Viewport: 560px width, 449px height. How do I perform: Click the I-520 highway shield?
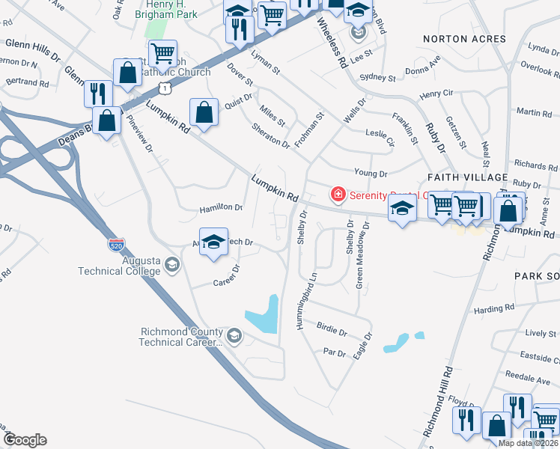pos(115,244)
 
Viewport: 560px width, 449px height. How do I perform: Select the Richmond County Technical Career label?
pos(181,337)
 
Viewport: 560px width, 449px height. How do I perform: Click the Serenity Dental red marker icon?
pos(338,195)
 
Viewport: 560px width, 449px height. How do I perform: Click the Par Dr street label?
pos(333,352)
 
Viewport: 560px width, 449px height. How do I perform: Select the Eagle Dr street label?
pos(362,348)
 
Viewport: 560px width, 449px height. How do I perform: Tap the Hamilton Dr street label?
pos(222,207)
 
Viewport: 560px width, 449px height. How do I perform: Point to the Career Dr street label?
pos(225,278)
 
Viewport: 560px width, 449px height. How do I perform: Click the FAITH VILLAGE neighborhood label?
pos(467,177)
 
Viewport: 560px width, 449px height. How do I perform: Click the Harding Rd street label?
pos(494,308)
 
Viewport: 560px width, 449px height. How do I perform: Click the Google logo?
pos(25,440)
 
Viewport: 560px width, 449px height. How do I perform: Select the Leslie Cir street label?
pos(380,136)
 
